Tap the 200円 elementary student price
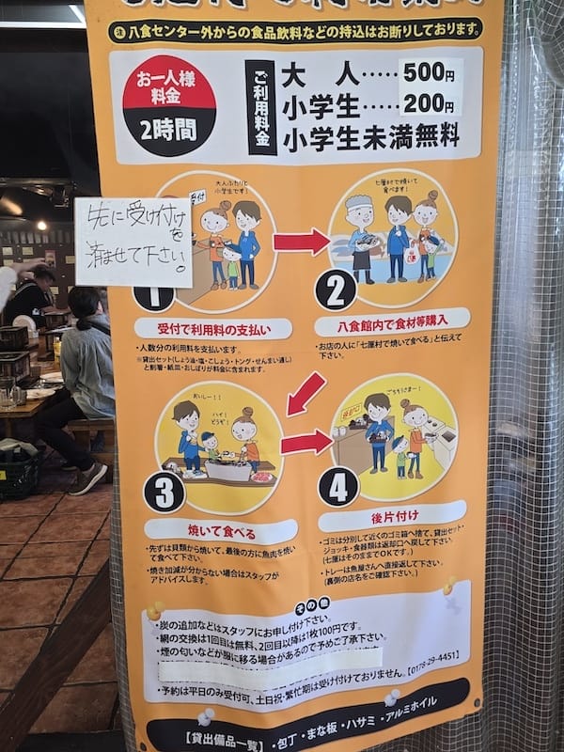[x=430, y=106]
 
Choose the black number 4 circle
[x=338, y=486]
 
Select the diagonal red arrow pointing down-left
[x=305, y=393]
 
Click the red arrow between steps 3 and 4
[x=305, y=443]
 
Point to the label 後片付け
[x=392, y=516]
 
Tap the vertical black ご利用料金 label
[x=262, y=107]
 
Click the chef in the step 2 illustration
[x=360, y=235]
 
